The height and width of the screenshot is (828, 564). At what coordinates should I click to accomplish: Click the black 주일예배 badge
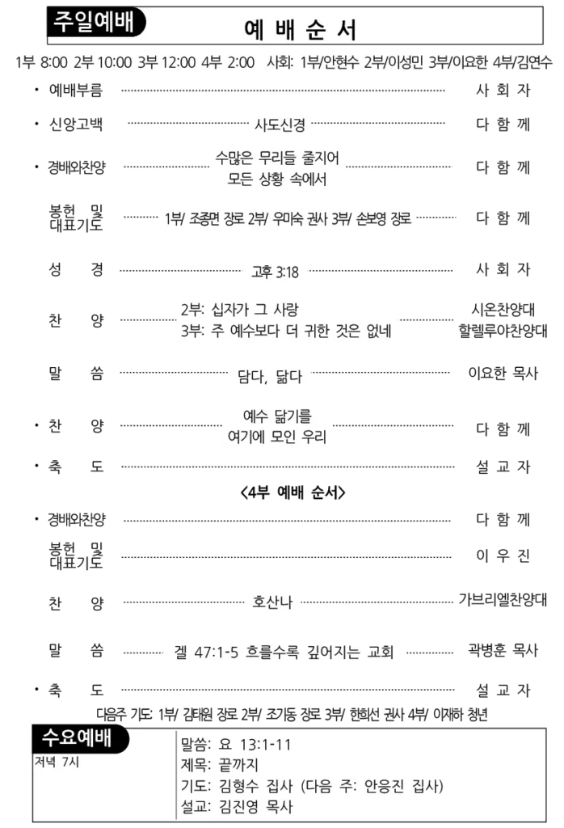[96, 22]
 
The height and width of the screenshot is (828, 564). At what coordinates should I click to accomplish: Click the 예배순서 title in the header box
[301, 30]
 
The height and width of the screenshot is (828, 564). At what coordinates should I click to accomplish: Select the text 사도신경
[280, 125]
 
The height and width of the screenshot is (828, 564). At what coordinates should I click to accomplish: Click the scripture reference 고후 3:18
[275, 272]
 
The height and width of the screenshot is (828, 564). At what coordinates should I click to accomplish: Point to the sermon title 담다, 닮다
[270, 377]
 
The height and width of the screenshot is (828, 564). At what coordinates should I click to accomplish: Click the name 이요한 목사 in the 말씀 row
[503, 374]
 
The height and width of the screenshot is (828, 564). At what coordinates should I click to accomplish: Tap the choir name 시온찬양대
[503, 310]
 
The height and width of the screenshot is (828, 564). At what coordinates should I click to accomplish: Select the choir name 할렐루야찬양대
[503, 331]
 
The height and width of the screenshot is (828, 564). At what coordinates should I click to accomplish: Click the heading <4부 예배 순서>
[293, 492]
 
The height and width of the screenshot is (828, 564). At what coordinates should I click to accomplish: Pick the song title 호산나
[272, 602]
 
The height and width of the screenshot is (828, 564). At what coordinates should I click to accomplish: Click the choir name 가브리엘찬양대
[503, 599]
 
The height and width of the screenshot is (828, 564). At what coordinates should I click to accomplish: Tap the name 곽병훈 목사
[503, 650]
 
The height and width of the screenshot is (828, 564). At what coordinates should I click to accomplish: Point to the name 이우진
[503, 556]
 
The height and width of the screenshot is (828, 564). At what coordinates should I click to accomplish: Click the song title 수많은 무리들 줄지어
[277, 158]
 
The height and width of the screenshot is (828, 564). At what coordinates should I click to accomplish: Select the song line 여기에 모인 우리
[277, 437]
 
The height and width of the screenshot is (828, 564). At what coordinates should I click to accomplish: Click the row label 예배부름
[76, 91]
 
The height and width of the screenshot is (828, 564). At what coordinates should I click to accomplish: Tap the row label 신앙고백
[76, 125]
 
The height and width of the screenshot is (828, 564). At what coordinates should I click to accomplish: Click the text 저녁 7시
[57, 762]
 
